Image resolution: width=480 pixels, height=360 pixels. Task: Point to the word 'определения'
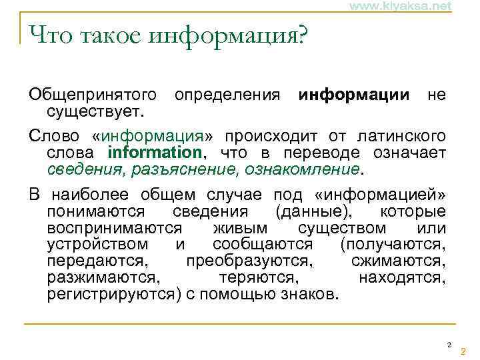pyautogui.click(x=227, y=95)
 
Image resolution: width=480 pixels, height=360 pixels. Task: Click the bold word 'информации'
pyautogui.click(x=355, y=95)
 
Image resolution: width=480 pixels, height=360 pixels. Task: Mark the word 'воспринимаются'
pyautogui.click(x=109, y=229)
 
